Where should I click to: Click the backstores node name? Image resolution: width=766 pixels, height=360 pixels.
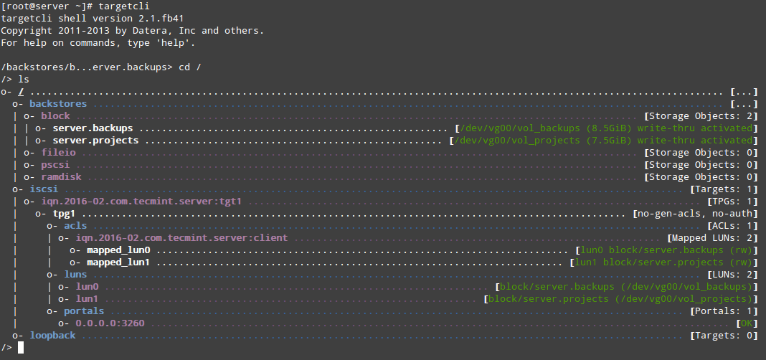pos(58,103)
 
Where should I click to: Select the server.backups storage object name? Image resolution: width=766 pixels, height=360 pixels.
pos(93,128)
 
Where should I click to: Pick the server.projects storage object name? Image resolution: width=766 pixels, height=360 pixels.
pos(96,140)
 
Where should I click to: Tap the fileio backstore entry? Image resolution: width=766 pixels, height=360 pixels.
pos(58,153)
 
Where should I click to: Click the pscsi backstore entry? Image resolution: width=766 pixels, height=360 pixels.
pos(55,165)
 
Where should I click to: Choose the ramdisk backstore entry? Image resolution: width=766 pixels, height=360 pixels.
pos(61,177)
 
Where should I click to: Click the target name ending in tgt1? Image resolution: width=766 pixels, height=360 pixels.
pos(141,202)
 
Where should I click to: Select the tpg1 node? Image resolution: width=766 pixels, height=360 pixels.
pos(64,214)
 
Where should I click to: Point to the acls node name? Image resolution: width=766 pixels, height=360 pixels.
pos(75,226)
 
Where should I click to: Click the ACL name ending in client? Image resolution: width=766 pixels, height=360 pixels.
pos(181,238)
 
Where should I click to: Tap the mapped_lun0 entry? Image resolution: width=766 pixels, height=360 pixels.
pos(119,250)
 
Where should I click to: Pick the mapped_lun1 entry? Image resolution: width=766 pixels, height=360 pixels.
pos(119,262)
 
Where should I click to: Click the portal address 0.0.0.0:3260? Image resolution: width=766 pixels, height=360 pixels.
pos(110,323)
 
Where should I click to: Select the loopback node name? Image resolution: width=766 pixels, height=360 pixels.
pos(53,335)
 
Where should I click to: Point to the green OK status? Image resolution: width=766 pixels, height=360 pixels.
pos(747,323)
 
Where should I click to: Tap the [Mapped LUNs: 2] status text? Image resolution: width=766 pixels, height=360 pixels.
pos(712,238)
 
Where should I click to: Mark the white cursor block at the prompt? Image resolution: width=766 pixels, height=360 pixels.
pos(21,347)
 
